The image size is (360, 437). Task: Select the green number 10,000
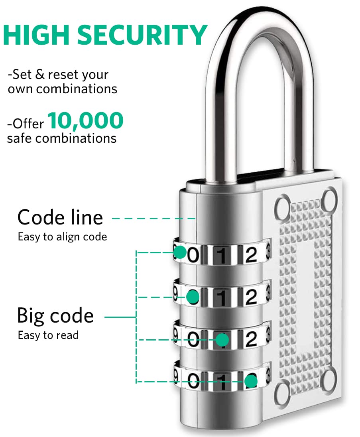pyautogui.click(x=86, y=121)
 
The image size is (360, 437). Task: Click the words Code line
pyautogui.click(x=60, y=217)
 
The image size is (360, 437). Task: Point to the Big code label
pyautogui.click(x=55, y=316)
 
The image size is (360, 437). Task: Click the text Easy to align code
pyautogui.click(x=63, y=237)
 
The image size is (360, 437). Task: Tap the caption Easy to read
pyautogui.click(x=48, y=335)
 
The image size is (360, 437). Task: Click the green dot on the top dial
pyautogui.click(x=180, y=252)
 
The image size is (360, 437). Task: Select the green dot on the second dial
pyautogui.click(x=193, y=297)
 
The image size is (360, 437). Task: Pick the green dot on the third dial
pyautogui.click(x=222, y=340)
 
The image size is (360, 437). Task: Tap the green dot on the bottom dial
pyautogui.click(x=251, y=381)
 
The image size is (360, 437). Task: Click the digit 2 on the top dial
pyautogui.click(x=251, y=255)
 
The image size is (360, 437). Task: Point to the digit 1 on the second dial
pyautogui.click(x=222, y=297)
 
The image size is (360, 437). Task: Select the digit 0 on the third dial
pyautogui.click(x=193, y=340)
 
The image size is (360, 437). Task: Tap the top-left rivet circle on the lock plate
pyautogui.click(x=282, y=207)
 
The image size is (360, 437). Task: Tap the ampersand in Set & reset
pyautogui.click(x=40, y=75)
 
